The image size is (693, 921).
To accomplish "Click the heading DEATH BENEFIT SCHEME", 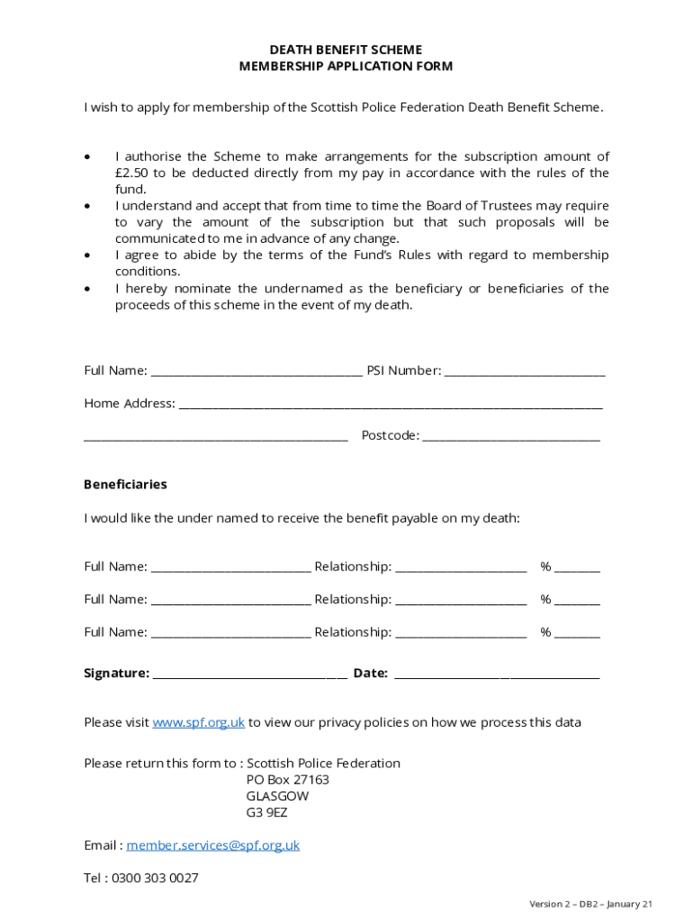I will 346,49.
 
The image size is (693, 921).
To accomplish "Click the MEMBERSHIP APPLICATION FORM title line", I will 346,67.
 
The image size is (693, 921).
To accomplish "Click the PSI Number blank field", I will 525,371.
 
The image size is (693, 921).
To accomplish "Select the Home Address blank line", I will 391,404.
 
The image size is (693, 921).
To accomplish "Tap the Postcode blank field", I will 511,436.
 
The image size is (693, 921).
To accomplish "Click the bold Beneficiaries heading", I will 125,485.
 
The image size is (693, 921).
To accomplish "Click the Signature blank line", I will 249,674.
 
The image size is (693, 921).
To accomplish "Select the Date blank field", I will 497,674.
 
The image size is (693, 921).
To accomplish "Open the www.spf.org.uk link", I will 199,722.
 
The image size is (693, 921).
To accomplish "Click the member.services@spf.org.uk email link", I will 213,845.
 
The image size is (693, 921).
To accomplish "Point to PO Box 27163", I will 287,780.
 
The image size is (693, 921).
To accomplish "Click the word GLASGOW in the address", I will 277,797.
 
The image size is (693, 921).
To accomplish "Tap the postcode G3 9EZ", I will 266,813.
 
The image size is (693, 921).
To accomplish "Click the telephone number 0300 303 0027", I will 155,878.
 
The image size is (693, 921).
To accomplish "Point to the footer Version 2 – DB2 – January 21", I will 590,904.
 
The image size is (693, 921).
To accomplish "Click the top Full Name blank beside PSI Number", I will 256,371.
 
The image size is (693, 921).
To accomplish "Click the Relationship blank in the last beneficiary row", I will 461,632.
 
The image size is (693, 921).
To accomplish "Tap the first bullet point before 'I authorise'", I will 87,157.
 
